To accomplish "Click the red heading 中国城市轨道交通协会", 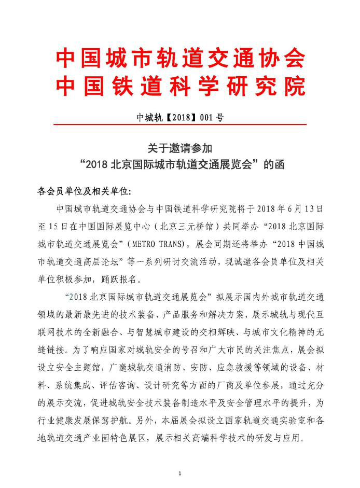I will pos(180,59).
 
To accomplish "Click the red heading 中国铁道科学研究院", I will pos(180,87).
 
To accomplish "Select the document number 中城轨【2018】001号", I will pos(179,117).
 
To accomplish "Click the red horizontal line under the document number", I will pos(180,125).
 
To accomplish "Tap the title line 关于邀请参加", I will pos(180,148).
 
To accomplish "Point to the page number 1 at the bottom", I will pos(179,474).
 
